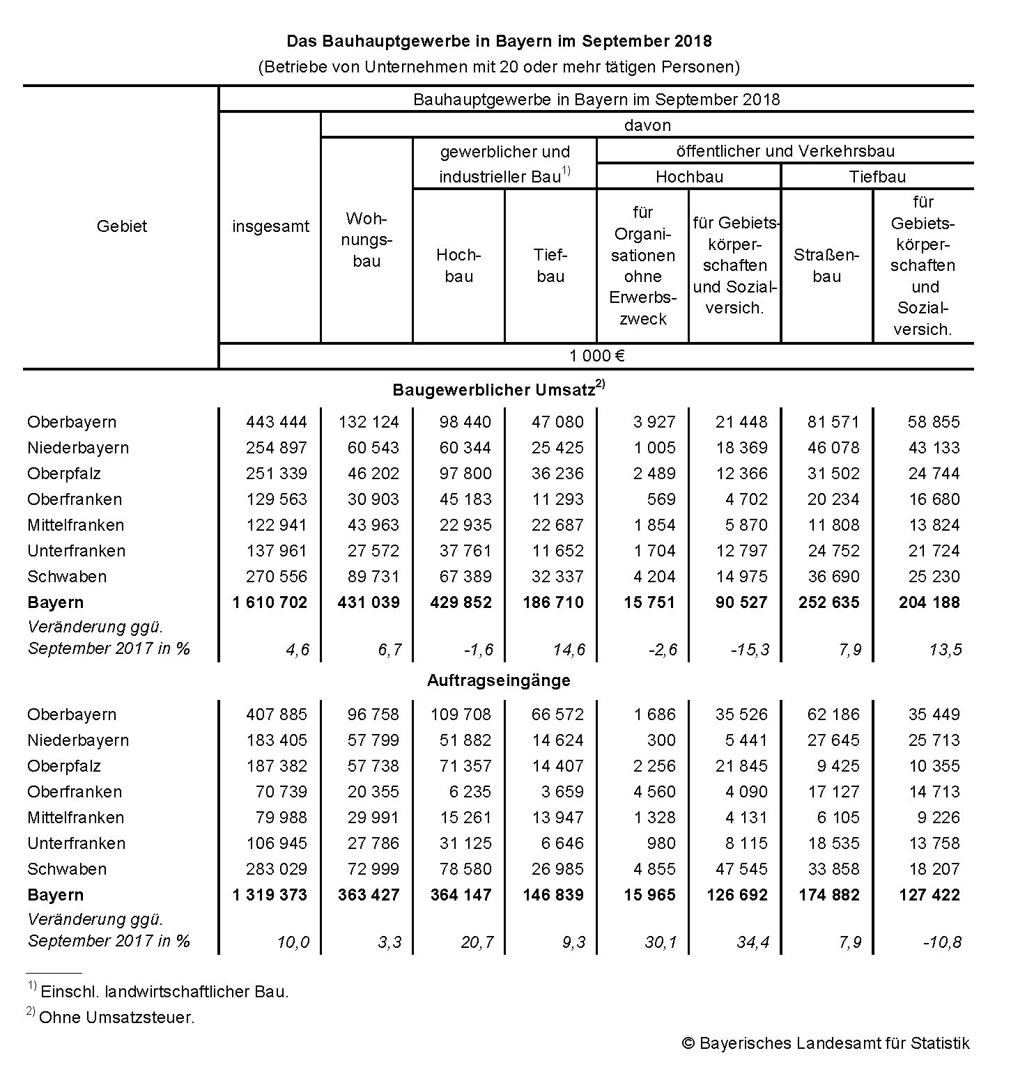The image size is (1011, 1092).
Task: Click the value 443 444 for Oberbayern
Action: click(276, 422)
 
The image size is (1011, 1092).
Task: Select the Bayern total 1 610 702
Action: click(270, 602)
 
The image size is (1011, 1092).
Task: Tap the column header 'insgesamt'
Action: click(270, 226)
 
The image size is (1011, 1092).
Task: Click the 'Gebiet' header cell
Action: click(122, 226)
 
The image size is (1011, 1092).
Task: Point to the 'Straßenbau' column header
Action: click(826, 265)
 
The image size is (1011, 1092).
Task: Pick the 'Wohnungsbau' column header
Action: click(366, 240)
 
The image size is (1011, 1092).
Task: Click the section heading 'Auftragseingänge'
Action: click(498, 680)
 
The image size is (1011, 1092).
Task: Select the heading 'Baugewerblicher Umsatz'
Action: click(493, 390)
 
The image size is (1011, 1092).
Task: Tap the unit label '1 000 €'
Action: click(596, 356)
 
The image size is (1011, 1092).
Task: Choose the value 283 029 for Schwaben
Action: click(276, 869)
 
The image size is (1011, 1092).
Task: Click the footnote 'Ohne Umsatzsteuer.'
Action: click(117, 1017)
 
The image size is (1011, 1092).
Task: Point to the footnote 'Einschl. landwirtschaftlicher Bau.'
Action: click(164, 991)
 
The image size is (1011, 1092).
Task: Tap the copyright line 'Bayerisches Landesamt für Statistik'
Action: click(834, 1043)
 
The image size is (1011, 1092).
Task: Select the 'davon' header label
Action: click(647, 125)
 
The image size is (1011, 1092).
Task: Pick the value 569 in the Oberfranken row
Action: click(661, 499)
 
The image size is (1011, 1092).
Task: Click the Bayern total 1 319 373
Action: click(270, 895)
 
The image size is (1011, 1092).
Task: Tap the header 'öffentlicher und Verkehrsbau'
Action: click(785, 151)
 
